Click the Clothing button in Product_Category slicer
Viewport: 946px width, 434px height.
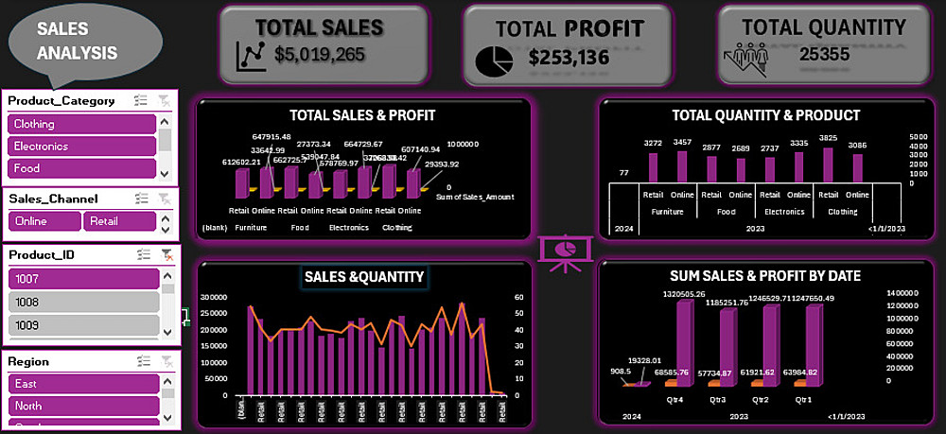pos(81,124)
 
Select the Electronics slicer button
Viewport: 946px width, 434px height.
pos(81,147)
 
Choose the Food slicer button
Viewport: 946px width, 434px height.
pos(81,168)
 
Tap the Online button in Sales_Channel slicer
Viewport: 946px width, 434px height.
pos(44,220)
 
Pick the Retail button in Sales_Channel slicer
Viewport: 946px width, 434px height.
pos(119,220)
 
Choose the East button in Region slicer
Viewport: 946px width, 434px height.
pos(81,384)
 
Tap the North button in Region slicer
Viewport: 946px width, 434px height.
pos(81,406)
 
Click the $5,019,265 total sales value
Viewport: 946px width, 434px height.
pos(320,54)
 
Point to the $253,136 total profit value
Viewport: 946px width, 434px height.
pos(569,58)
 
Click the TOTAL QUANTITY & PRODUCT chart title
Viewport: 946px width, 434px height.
pos(765,115)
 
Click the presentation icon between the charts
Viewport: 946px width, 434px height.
pos(566,252)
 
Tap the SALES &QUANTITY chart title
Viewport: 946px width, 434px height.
pos(363,276)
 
